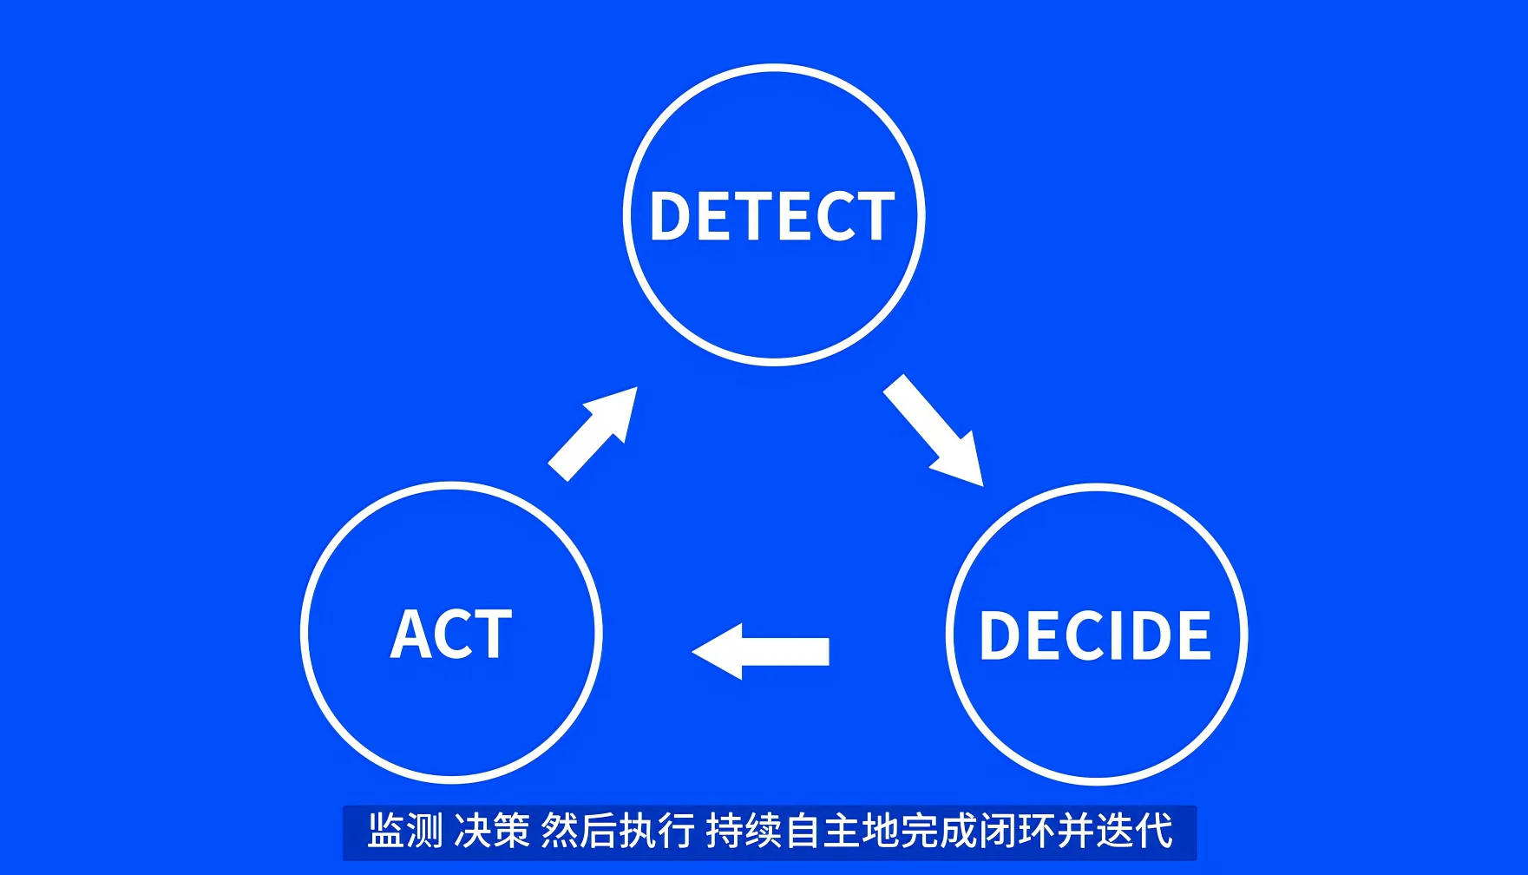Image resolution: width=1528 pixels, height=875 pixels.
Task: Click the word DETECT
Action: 772,216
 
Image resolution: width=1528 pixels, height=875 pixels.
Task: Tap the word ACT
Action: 451,635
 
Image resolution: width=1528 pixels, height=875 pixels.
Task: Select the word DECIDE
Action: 1095,635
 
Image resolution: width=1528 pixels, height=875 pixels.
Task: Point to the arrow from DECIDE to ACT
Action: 762,651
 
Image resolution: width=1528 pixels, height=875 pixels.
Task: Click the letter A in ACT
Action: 410,635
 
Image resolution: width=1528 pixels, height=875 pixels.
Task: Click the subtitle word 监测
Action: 405,831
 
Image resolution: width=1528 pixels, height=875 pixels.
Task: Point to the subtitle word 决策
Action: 492,831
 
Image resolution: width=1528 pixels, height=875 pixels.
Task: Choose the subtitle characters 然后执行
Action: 618,831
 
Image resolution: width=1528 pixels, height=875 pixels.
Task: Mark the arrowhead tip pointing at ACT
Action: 694,651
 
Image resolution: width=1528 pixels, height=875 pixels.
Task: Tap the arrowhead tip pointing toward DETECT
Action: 636,389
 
